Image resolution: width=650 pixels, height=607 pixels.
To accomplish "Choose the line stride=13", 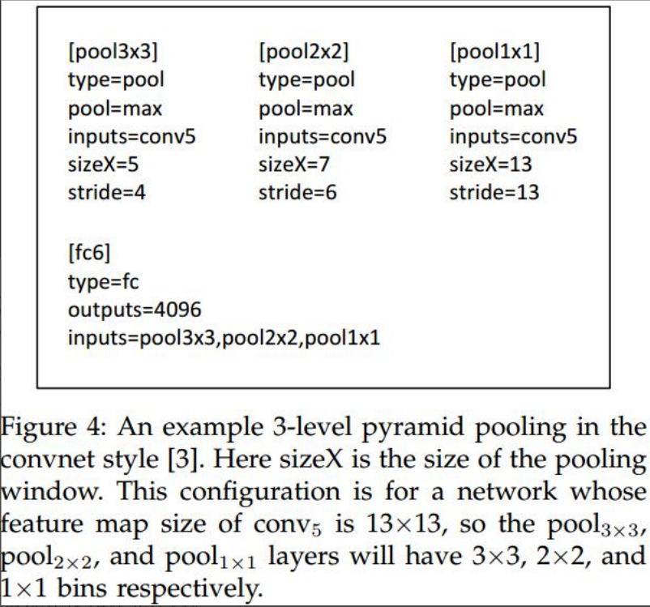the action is tap(494, 193).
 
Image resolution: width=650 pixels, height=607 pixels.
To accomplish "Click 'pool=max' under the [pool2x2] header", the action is tap(306, 109).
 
